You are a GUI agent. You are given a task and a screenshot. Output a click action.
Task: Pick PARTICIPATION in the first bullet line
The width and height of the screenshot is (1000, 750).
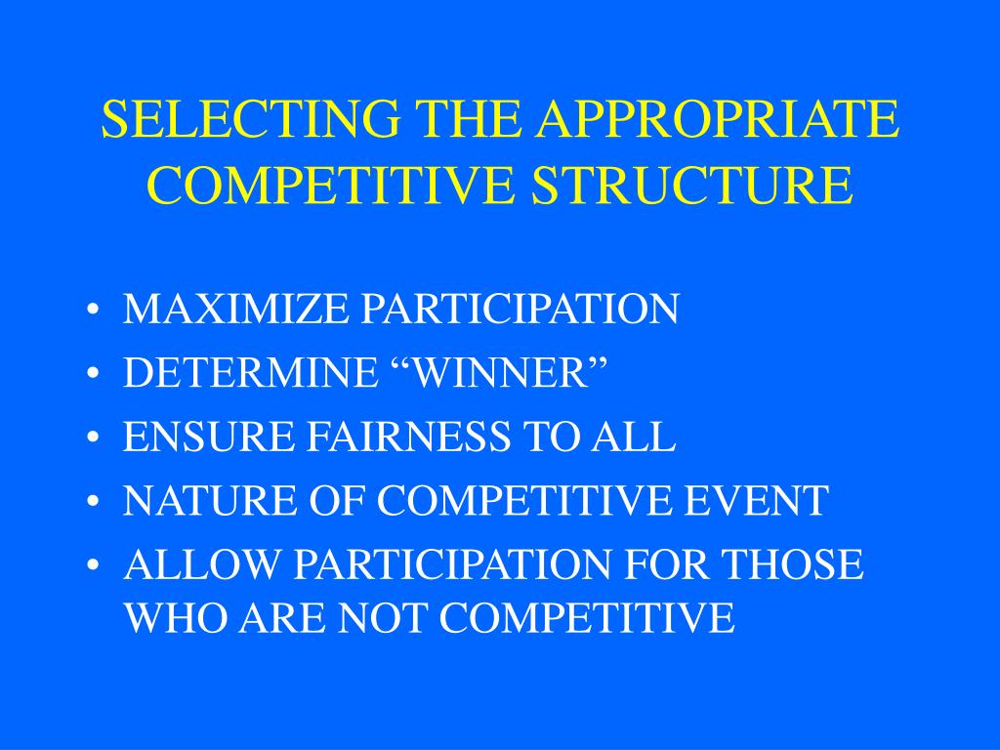521,310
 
